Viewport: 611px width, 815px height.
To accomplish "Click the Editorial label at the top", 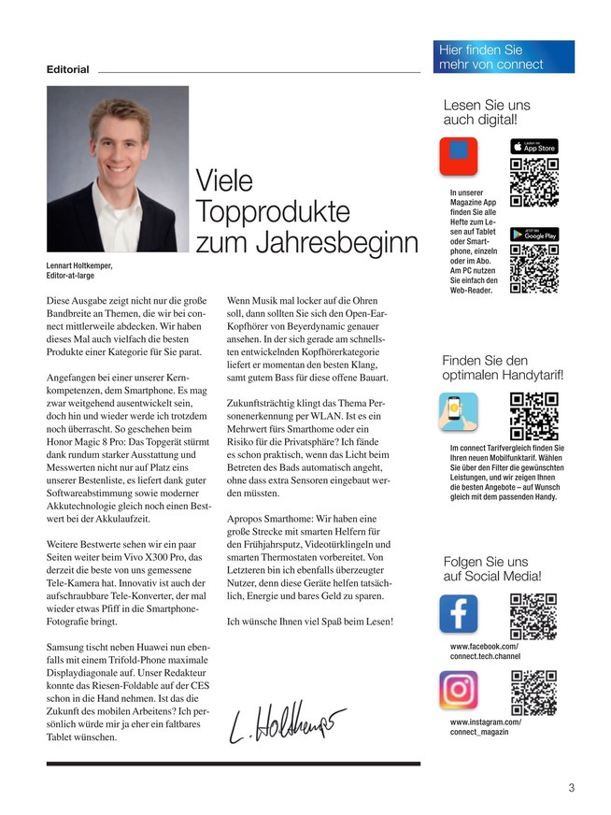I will click(68, 69).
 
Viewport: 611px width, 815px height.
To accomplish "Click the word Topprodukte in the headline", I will click(273, 210).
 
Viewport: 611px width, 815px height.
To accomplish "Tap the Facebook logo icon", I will click(458, 613).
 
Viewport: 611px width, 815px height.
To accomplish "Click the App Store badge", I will click(533, 147).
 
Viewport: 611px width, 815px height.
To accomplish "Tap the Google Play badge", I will click(533, 235).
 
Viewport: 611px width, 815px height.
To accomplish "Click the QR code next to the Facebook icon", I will click(533, 614).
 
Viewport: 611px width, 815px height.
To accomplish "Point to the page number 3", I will click(571, 787).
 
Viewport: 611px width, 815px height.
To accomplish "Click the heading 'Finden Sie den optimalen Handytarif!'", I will click(503, 368).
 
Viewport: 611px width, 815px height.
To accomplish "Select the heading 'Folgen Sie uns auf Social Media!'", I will click(491, 569).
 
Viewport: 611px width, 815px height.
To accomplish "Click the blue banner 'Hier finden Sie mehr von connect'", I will click(503, 57).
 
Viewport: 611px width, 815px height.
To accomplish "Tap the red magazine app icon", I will click(458, 156).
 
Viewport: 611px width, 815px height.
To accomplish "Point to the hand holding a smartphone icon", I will click(458, 412).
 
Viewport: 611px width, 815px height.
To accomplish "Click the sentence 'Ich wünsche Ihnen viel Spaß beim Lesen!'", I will click(309, 621).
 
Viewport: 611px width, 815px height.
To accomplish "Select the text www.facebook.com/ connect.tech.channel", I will click(485, 651).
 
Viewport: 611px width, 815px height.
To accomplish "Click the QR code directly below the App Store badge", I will click(533, 182).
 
